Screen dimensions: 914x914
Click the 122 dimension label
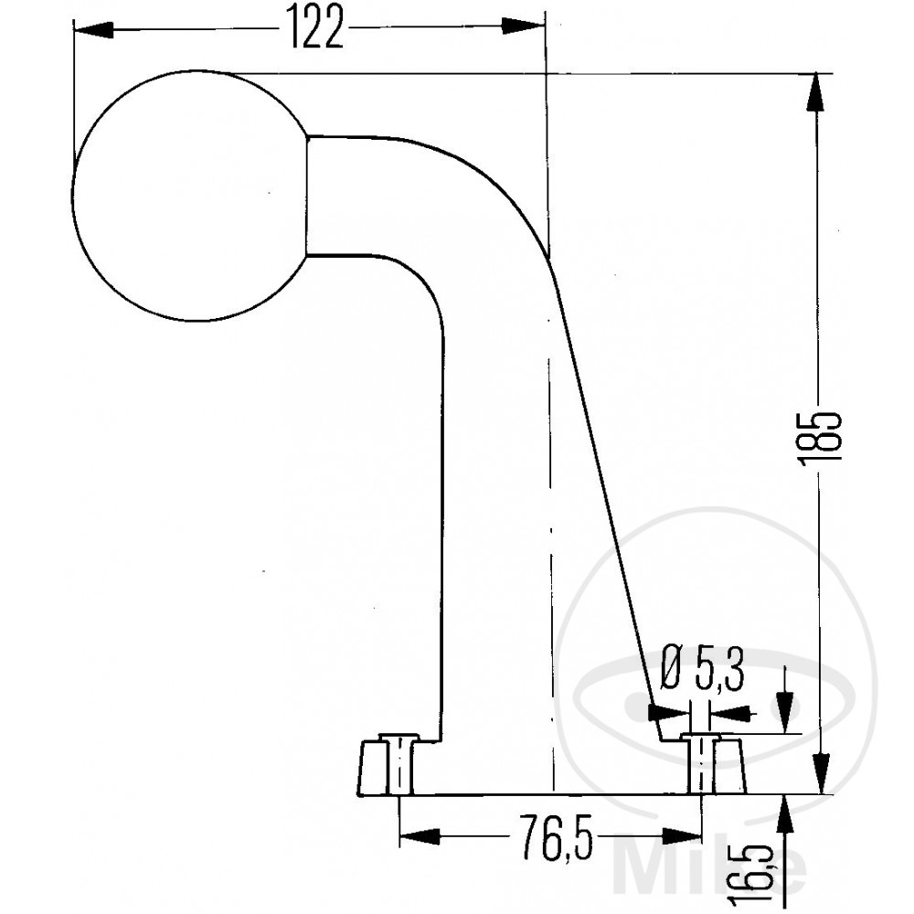point(316,27)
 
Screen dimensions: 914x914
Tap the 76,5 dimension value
point(556,836)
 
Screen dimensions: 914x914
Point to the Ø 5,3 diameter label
point(702,670)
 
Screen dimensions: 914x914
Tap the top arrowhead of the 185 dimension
point(818,93)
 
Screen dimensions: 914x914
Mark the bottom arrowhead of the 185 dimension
point(822,773)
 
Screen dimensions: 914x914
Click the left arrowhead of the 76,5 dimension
point(420,836)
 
